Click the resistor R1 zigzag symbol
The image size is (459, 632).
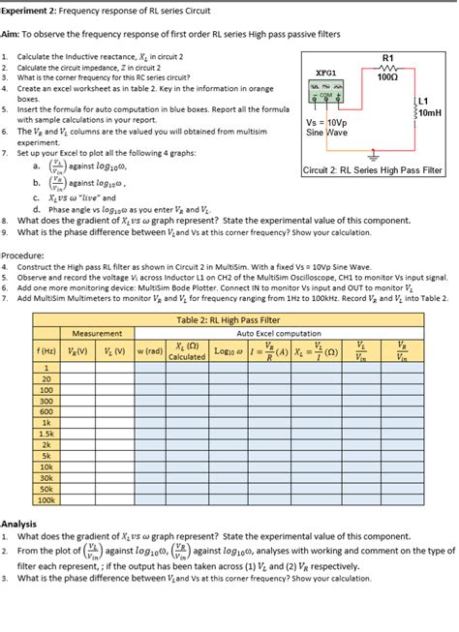388,69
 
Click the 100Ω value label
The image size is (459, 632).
388,78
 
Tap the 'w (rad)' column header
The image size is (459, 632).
148,350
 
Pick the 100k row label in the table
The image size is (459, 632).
45,500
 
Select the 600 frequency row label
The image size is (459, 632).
45,411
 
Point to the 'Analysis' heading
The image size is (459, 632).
21,524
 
